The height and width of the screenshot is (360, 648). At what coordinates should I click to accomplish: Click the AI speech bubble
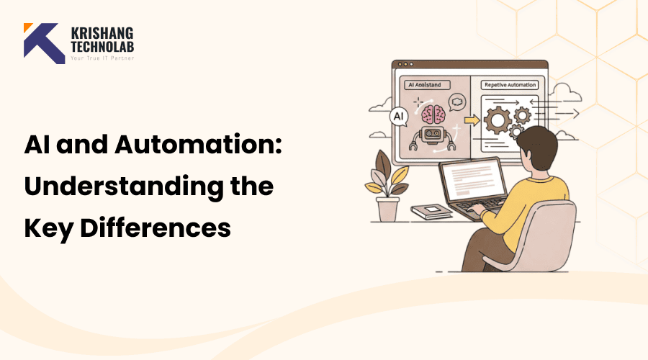tap(398, 116)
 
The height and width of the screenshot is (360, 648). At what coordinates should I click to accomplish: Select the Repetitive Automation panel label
tap(509, 84)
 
